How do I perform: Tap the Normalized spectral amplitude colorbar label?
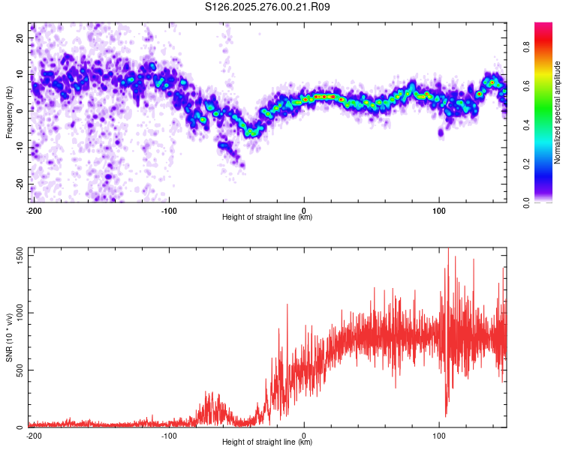pyautogui.click(x=558, y=112)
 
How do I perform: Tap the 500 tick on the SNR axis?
pyautogui.click(x=19, y=370)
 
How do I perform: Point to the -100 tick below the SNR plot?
pyautogui.click(x=169, y=436)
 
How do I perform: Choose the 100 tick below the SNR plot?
pyautogui.click(x=439, y=436)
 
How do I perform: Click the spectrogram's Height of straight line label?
pyautogui.click(x=267, y=217)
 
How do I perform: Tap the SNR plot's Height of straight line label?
pyautogui.click(x=267, y=442)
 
